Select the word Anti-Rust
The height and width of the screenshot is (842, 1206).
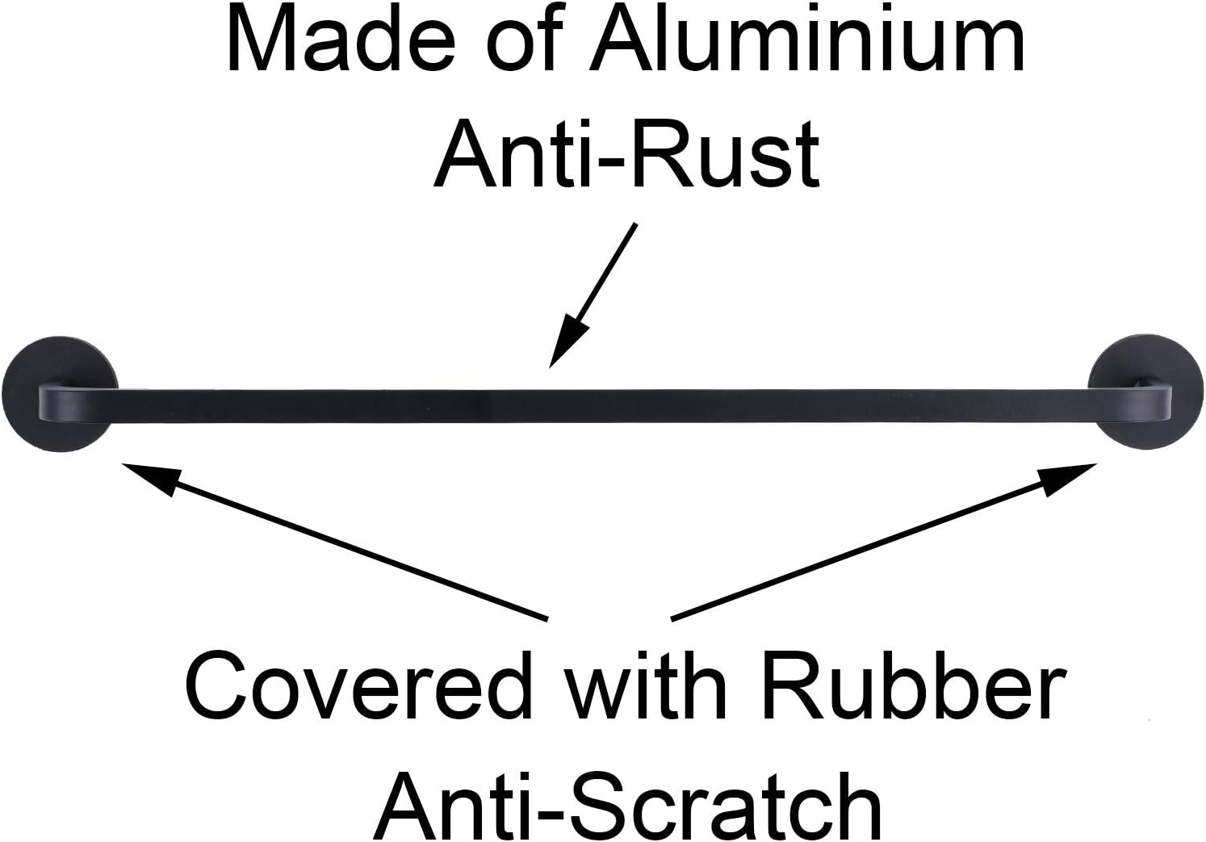point(627,153)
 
